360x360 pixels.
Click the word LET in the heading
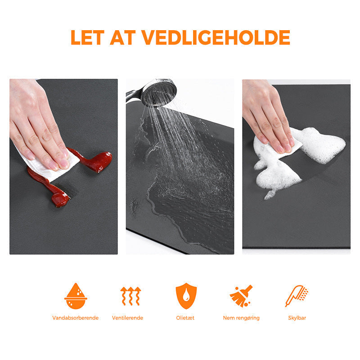click(87, 37)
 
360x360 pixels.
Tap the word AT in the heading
click(123, 37)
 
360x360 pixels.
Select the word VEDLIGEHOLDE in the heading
click(216, 37)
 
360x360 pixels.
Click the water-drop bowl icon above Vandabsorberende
click(76, 296)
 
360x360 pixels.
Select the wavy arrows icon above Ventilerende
click(130, 296)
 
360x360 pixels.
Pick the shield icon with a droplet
click(186, 296)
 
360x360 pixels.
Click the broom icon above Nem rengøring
click(241, 296)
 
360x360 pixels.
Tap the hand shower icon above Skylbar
click(297, 296)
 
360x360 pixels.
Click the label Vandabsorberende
click(75, 318)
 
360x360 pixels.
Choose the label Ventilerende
click(127, 318)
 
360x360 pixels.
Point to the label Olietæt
click(185, 318)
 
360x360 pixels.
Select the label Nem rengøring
click(241, 318)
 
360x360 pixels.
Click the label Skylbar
click(297, 318)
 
